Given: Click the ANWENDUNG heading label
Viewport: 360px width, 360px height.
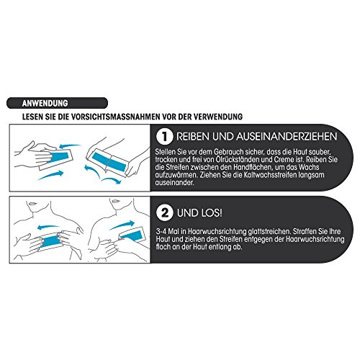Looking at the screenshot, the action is [x=45, y=103].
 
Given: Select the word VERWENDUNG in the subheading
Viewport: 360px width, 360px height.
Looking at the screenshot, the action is [x=218, y=117].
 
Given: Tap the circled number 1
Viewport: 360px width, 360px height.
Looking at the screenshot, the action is [x=164, y=137].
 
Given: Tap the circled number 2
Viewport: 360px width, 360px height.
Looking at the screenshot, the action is [x=164, y=213].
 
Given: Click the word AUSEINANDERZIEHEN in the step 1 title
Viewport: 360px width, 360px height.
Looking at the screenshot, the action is [x=287, y=136].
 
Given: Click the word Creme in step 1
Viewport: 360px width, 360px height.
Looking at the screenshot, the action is [x=285, y=159].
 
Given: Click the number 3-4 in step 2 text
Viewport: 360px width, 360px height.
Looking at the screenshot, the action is [x=161, y=232].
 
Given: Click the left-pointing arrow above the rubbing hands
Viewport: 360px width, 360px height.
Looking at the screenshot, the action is [x=70, y=145].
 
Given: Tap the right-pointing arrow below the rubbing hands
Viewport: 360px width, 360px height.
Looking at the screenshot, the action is [x=51, y=175].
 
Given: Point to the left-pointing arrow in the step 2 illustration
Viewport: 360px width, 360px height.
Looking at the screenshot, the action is [x=48, y=227].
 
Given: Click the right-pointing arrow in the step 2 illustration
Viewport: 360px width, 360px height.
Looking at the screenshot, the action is [x=122, y=225].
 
